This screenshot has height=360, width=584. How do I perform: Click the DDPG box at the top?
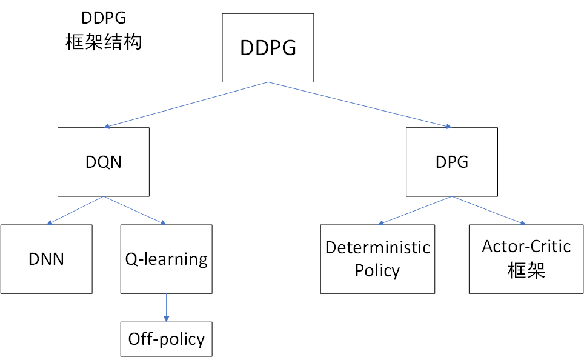coord(268,48)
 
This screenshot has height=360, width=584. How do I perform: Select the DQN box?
coord(103,162)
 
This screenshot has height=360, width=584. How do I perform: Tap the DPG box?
coord(452,162)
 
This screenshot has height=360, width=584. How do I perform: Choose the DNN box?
coord(46,259)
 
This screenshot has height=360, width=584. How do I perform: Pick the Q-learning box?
coord(166,259)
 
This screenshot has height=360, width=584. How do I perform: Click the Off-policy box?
coord(166,339)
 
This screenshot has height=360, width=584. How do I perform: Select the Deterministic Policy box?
coord(377,259)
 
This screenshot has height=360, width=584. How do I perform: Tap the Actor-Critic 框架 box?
coord(526,259)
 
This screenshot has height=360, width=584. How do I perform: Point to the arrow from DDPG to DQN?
coord(187,104)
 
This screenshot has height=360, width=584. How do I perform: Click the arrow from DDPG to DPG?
coord(360,104)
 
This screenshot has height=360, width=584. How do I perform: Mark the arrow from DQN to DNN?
coord(75,210)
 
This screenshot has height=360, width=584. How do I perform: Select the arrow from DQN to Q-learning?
coord(134,210)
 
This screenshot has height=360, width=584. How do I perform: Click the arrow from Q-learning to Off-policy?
coord(166,307)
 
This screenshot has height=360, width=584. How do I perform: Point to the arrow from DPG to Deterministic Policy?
coord(416,210)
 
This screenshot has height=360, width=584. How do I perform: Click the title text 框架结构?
coord(104,42)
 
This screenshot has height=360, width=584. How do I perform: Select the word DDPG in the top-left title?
coord(104,18)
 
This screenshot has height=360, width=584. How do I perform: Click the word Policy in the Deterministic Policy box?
coord(377,270)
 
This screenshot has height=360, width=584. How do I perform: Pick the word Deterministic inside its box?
coord(377,248)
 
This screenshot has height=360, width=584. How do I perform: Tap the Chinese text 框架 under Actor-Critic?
coord(526,270)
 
